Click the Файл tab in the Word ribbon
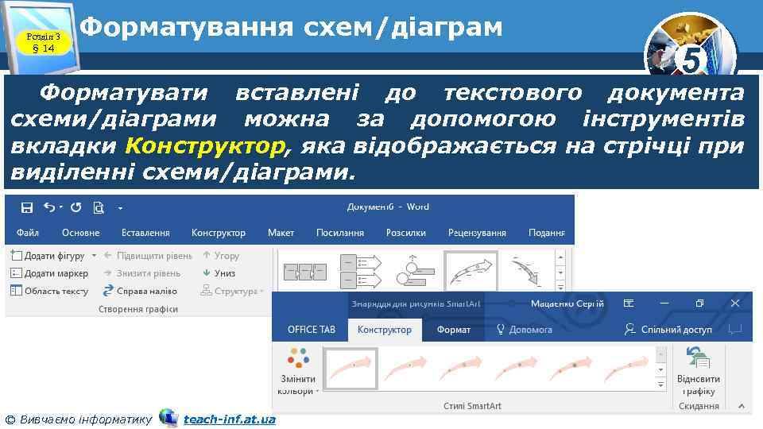28,233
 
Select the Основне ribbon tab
81,233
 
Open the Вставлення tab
145,233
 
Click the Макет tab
281,233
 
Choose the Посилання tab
340,233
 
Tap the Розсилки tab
406,233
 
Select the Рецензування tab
477,233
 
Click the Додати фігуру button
49,256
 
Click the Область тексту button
49,291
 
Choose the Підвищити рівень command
148,256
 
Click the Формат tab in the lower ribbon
454,329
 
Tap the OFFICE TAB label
312,329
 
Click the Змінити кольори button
298,372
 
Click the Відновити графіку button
699,372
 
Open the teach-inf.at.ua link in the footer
230,419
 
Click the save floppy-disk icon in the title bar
26,207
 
